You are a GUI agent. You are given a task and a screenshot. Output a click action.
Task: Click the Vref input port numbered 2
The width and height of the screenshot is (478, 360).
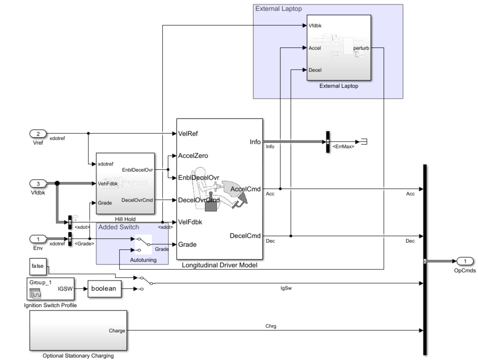(x=38, y=134)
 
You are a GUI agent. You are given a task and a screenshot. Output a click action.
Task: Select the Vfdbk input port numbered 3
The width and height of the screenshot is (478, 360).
(x=38, y=184)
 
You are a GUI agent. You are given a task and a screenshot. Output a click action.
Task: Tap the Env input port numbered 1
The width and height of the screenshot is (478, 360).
(x=38, y=239)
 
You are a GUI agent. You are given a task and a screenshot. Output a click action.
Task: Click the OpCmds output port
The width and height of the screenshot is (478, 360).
(x=465, y=261)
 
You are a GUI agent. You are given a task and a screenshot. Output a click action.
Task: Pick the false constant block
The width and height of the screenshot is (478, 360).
(x=38, y=266)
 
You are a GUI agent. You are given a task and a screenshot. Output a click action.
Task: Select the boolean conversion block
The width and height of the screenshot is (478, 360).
(x=104, y=289)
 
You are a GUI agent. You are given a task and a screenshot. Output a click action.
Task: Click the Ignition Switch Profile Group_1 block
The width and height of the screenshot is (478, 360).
(x=50, y=289)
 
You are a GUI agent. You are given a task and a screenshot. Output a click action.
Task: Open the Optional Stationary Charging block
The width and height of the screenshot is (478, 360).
(x=78, y=330)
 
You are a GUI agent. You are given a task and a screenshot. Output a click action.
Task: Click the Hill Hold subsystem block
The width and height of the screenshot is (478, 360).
(x=125, y=183)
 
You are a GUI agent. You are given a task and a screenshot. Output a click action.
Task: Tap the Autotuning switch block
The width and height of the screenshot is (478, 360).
(x=144, y=244)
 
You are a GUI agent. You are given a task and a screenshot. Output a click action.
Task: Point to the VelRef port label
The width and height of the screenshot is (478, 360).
(x=188, y=134)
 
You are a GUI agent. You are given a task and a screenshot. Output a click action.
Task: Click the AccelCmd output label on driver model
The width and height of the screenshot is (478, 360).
(x=245, y=189)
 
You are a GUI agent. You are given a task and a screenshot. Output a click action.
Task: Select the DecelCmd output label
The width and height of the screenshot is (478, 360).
(x=245, y=236)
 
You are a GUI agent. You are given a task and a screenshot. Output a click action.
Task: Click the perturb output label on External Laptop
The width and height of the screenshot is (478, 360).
(x=361, y=48)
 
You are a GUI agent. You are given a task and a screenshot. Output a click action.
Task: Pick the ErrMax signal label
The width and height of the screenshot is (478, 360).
(x=343, y=147)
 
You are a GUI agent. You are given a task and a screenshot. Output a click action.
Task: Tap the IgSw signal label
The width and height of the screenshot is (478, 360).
(x=286, y=288)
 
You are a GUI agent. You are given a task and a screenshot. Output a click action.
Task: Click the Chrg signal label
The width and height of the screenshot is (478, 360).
(x=271, y=326)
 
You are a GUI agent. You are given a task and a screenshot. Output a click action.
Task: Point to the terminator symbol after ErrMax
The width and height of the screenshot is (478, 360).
(x=364, y=142)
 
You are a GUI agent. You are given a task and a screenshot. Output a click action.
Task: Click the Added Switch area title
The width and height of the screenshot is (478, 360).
(x=119, y=227)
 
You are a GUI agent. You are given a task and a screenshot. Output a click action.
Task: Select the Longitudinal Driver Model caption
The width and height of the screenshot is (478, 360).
(x=219, y=265)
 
